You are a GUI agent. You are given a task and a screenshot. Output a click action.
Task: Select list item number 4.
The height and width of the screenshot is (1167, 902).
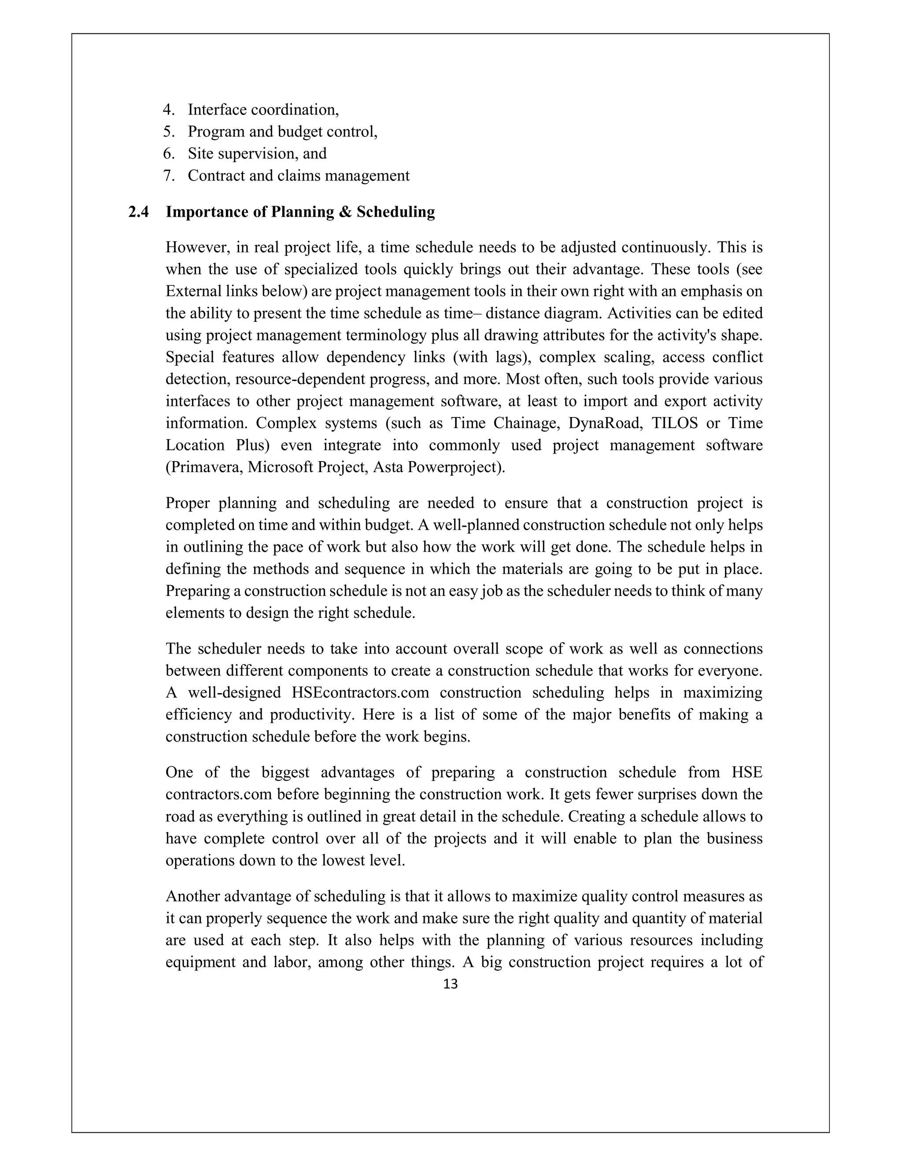click(x=169, y=110)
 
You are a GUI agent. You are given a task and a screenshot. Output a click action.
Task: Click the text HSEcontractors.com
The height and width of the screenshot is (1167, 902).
click(x=361, y=693)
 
